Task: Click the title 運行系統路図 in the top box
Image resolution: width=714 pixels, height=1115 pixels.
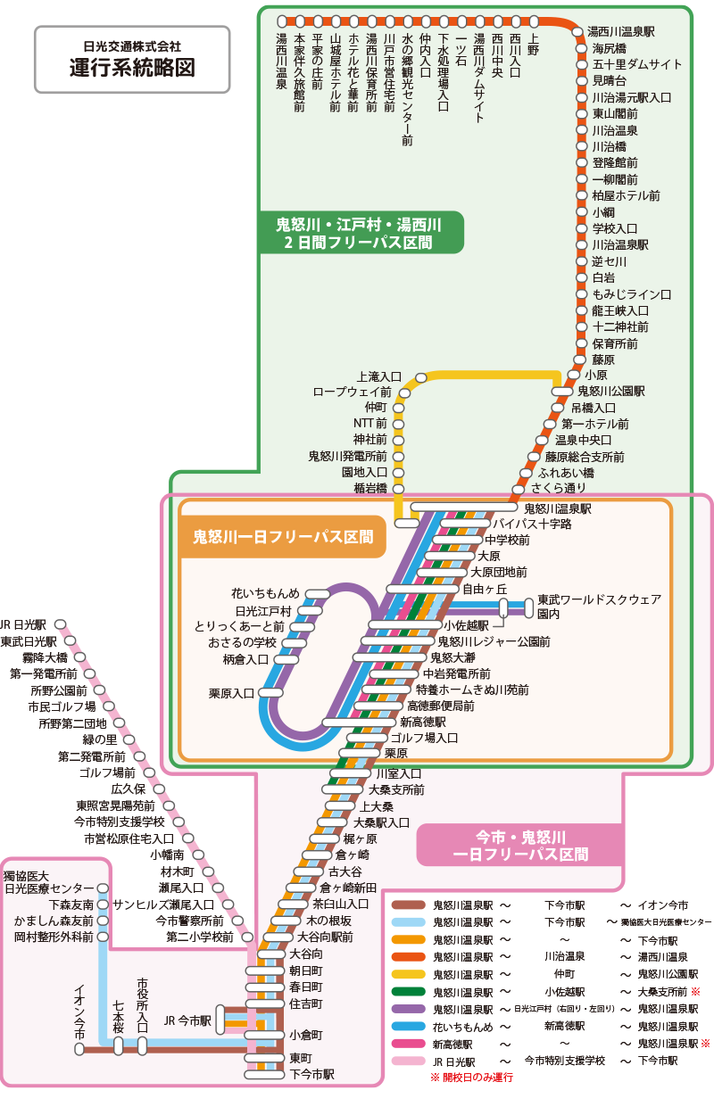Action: point(132,70)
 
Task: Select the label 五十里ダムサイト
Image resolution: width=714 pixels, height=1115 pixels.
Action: point(637,64)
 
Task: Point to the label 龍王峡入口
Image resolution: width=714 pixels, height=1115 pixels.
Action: point(620,310)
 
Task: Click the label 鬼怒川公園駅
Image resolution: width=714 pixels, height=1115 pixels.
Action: point(611,391)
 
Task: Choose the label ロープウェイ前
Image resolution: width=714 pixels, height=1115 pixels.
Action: point(352,392)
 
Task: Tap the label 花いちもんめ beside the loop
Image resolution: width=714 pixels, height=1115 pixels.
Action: point(265,593)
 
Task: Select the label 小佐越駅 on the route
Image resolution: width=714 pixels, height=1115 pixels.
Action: point(467,625)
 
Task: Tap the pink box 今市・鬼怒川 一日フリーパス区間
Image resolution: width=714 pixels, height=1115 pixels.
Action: point(521,846)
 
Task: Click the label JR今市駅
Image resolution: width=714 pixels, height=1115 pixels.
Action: point(187,1020)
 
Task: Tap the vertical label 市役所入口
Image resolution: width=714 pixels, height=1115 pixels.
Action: point(143,1004)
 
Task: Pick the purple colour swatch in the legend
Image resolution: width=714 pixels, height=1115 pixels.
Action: point(408,1009)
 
